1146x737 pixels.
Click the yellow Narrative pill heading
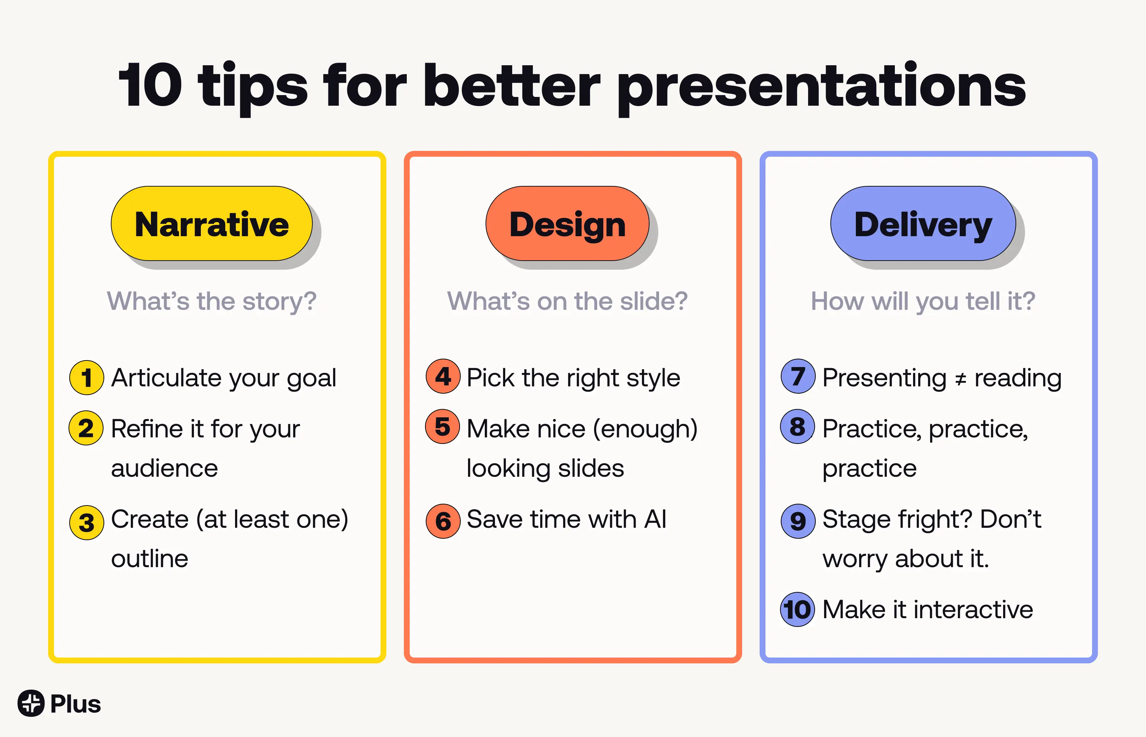[211, 223]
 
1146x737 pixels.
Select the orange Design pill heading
[568, 223]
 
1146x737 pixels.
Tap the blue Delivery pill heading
[923, 223]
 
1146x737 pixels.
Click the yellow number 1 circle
[87, 378]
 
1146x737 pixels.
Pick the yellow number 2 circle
[86, 428]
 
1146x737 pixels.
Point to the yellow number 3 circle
[87, 523]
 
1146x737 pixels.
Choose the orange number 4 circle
[443, 376]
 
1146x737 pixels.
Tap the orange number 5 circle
[443, 426]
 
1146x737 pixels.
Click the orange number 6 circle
[443, 521]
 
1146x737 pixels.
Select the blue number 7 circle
[798, 376]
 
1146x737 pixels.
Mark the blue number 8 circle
[798, 426]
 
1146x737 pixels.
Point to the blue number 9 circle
[798, 521]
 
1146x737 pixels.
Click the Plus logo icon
[31, 703]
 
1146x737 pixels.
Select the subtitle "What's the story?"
[211, 302]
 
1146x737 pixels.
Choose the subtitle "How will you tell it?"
[923, 302]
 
